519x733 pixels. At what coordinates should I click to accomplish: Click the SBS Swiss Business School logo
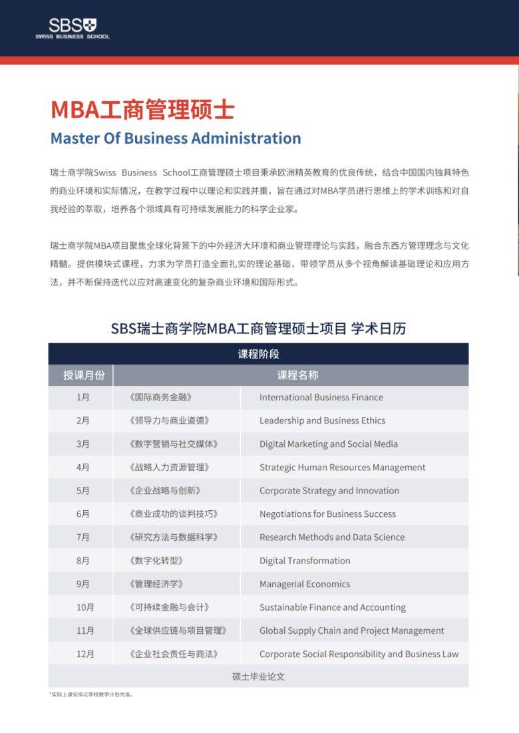(73, 29)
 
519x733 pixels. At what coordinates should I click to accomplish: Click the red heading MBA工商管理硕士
(142, 110)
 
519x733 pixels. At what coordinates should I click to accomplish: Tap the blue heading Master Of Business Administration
(176, 138)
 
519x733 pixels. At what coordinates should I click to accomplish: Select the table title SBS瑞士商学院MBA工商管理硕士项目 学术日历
(258, 328)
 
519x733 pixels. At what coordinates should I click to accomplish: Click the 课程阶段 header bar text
(258, 354)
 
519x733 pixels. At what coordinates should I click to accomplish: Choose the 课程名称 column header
(297, 375)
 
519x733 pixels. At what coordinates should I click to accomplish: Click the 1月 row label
(83, 397)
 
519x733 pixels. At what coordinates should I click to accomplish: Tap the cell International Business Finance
(321, 397)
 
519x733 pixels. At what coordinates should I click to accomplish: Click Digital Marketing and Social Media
(328, 444)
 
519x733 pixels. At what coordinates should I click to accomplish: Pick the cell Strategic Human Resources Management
(342, 467)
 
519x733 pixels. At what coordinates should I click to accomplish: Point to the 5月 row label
(83, 491)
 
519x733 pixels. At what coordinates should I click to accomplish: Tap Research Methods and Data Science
(331, 537)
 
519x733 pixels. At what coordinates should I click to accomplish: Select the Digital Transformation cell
(305, 561)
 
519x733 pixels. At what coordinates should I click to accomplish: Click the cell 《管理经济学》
(156, 584)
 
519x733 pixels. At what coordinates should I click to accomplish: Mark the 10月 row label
(85, 607)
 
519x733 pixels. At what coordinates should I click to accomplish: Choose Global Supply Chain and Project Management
(351, 631)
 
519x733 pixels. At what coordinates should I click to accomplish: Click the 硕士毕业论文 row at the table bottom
(258, 676)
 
